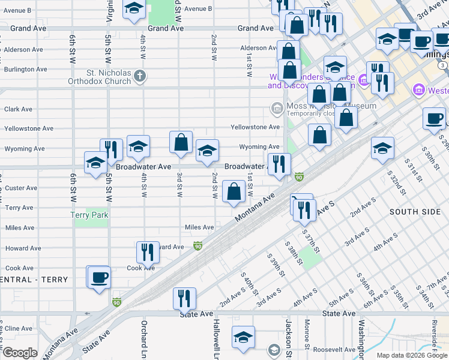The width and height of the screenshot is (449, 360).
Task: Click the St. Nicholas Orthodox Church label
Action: pyautogui.click(x=108, y=77)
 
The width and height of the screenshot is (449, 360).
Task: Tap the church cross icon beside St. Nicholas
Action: pyautogui.click(x=140, y=76)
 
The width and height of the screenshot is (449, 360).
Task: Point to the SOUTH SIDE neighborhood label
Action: pyautogui.click(x=414, y=212)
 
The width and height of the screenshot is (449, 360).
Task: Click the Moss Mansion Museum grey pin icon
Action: pyautogui.click(x=277, y=109)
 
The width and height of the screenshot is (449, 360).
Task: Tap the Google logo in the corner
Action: pyautogui.click(x=20, y=353)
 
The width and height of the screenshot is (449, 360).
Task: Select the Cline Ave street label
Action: pyautogui.click(x=19, y=329)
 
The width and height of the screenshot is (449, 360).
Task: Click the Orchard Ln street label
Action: pyautogui.click(x=144, y=339)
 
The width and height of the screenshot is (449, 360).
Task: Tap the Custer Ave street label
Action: pyautogui.click(x=21, y=188)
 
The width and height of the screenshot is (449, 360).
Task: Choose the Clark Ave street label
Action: pyautogui.click(x=19, y=109)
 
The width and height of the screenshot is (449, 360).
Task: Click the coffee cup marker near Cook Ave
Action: pyautogui.click(x=98, y=277)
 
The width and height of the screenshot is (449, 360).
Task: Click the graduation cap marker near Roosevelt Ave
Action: pyautogui.click(x=243, y=337)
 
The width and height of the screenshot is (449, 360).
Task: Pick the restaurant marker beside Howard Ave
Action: pyautogui.click(x=148, y=252)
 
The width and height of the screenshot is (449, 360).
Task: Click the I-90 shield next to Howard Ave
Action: pyautogui.click(x=197, y=246)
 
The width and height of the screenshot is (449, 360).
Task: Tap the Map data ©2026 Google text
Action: pyautogui.click(x=411, y=355)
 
